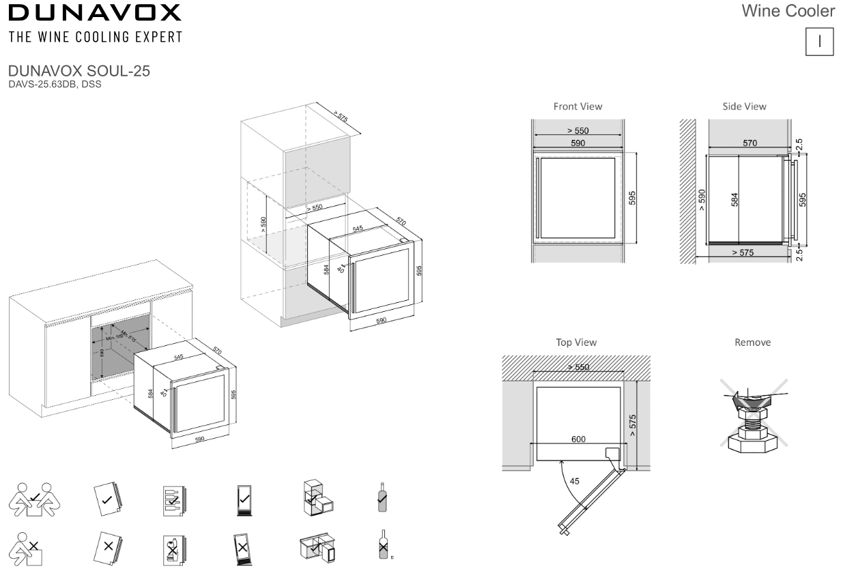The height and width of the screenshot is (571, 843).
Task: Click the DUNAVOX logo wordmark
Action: [95, 13]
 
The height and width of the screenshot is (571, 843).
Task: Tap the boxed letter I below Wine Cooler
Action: [820, 41]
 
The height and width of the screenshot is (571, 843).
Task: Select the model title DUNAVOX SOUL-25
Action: [79, 72]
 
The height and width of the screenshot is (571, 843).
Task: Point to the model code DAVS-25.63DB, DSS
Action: [55, 84]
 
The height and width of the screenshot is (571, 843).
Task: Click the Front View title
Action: [577, 106]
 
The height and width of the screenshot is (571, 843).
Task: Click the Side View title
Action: [744, 106]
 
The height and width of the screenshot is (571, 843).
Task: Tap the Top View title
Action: [576, 342]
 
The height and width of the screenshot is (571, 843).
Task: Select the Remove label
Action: [752, 342]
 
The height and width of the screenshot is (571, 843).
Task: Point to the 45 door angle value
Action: [575, 481]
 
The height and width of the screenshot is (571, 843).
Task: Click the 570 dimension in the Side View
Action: [749, 143]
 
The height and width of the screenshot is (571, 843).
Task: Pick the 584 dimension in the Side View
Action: [735, 199]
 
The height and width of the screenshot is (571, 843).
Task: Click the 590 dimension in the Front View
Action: [577, 143]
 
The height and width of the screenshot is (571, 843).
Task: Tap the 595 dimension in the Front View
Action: [632, 198]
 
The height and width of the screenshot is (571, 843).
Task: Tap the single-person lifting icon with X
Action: [27, 548]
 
